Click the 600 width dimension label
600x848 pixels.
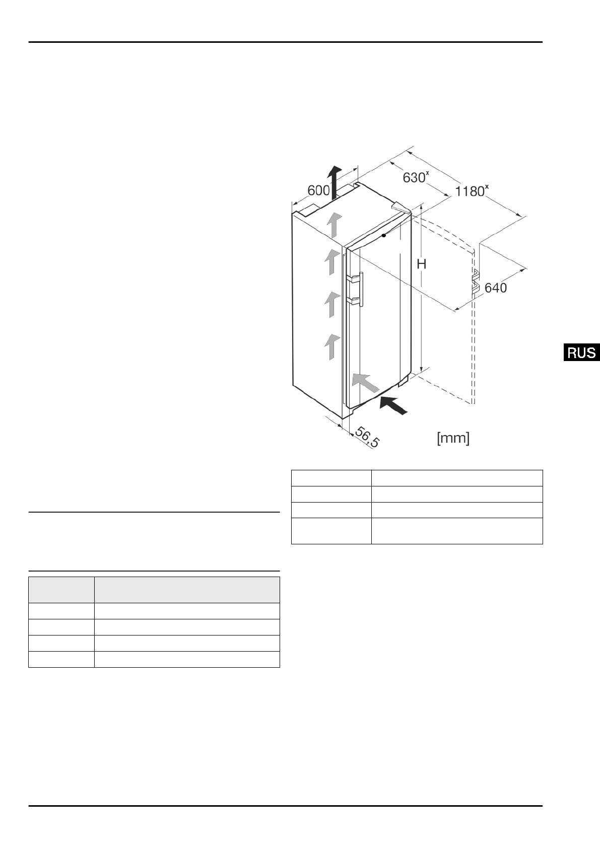318,191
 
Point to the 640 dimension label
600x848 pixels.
495,288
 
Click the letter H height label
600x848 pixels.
422,263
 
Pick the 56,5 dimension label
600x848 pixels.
367,437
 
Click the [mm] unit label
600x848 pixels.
453,438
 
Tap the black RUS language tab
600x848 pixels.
581,352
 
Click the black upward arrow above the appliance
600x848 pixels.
333,181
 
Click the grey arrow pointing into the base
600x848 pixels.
364,382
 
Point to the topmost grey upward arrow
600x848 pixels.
333,224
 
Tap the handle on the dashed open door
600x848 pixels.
475,281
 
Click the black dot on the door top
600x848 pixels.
384,235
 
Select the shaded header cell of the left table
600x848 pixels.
61,590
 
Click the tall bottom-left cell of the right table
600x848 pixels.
331,531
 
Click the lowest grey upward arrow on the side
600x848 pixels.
330,346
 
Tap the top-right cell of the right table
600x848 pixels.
456,478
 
